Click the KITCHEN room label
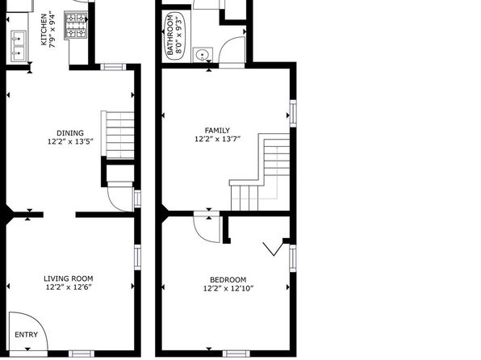44,30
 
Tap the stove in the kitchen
76,26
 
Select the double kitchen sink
19,46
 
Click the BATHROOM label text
170,36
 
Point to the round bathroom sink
203,55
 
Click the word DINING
70,133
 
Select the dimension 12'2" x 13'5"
70,141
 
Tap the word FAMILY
217,131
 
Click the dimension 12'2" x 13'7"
217,139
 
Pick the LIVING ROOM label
69,278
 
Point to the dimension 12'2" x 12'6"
69,287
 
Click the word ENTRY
27,334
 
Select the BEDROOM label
228,280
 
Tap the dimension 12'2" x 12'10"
228,288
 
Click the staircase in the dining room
118,135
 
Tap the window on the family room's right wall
293,113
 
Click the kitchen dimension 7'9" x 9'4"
52,30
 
